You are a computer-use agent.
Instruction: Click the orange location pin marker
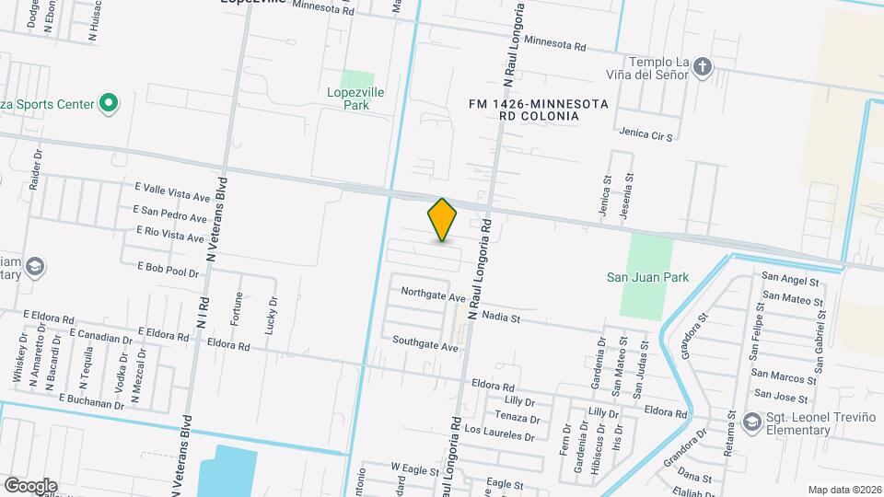click(x=442, y=220)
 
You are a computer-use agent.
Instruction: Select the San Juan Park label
click(x=643, y=277)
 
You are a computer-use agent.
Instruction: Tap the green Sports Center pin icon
click(x=109, y=103)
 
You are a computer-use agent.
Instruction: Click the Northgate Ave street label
click(x=433, y=295)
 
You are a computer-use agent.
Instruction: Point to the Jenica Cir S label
click(x=646, y=134)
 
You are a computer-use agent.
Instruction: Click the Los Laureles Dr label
click(x=500, y=430)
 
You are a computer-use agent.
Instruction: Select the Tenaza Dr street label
click(x=517, y=418)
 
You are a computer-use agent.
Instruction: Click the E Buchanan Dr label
click(x=91, y=400)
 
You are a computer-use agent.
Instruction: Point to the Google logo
click(x=30, y=485)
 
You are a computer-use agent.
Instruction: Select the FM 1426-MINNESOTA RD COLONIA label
click(x=538, y=110)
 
